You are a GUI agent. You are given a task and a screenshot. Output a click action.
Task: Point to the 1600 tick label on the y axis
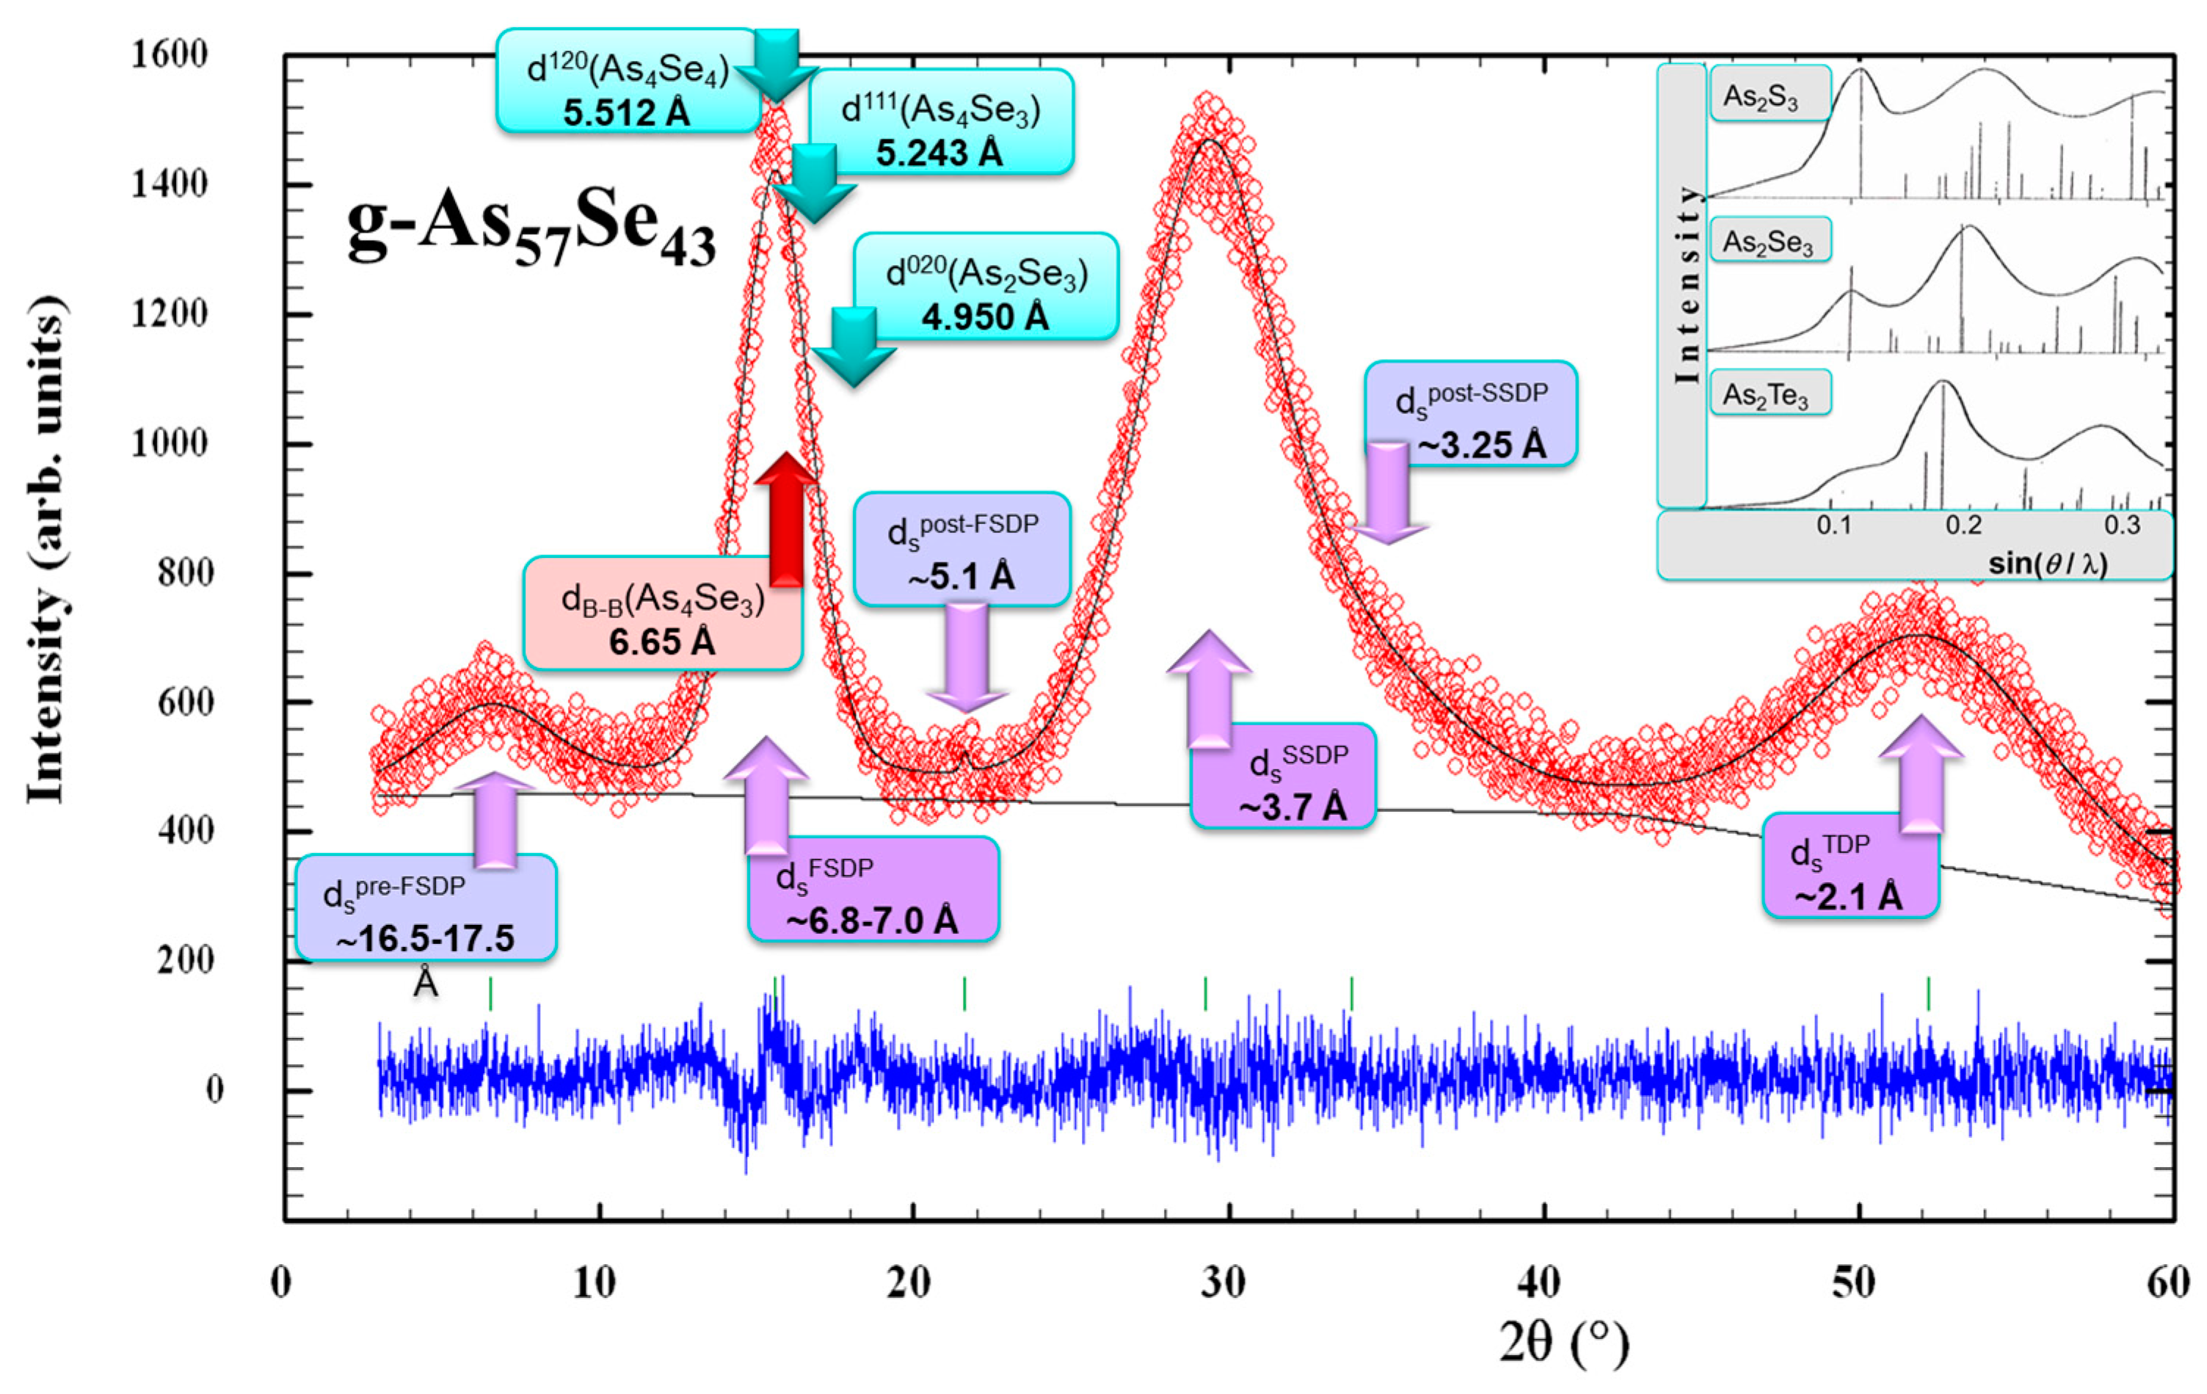(x=169, y=55)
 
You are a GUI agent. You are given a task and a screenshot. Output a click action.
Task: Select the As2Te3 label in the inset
(x=1770, y=395)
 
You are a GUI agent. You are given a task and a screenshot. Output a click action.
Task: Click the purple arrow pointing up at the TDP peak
(x=1920, y=775)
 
